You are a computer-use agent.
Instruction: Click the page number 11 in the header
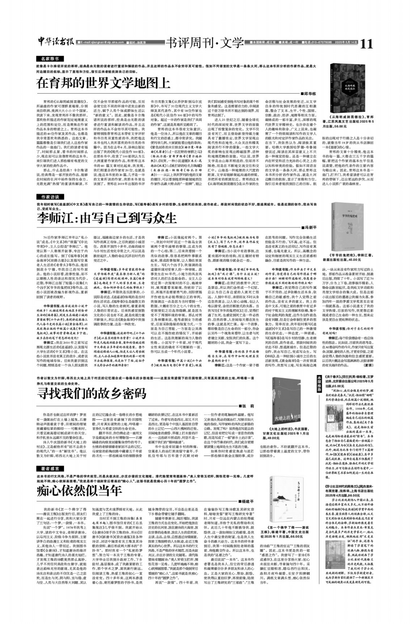[366, 44]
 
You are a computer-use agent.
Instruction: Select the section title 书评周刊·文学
[204, 43]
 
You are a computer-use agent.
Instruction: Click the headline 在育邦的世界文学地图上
[103, 83]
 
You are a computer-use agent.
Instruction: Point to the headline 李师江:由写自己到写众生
[107, 218]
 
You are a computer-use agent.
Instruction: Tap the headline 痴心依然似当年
[79, 491]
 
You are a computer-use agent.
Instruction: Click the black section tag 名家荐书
[50, 59]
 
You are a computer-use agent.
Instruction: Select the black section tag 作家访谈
[50, 197]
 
